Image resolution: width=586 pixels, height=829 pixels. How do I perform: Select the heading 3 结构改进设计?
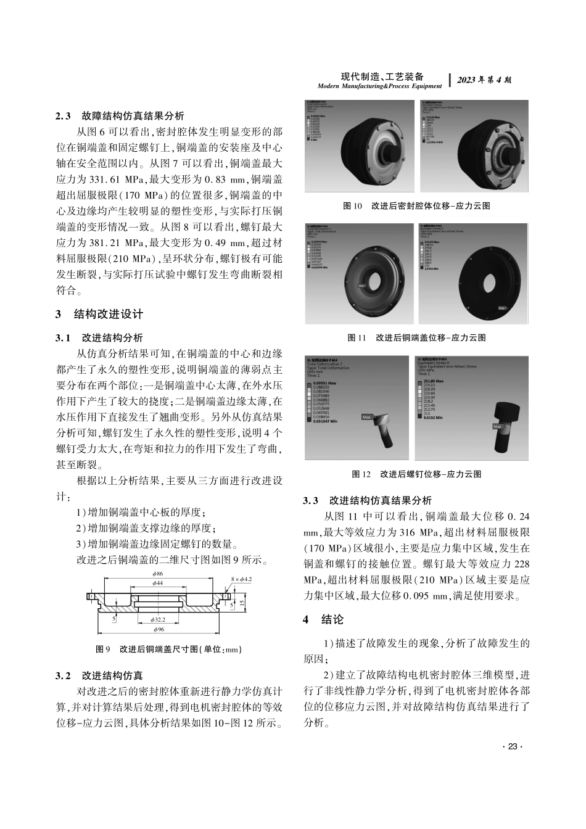(x=99, y=314)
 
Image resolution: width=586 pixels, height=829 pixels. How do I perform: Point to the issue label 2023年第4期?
(x=485, y=80)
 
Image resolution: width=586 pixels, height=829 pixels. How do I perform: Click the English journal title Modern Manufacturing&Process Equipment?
(x=379, y=86)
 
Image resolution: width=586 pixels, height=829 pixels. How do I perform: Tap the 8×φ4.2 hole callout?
(x=242, y=579)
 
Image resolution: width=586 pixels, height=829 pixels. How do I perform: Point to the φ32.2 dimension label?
(x=159, y=619)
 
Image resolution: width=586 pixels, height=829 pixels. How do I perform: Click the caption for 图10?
(x=416, y=206)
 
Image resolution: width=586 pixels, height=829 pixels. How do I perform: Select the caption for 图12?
(x=416, y=474)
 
